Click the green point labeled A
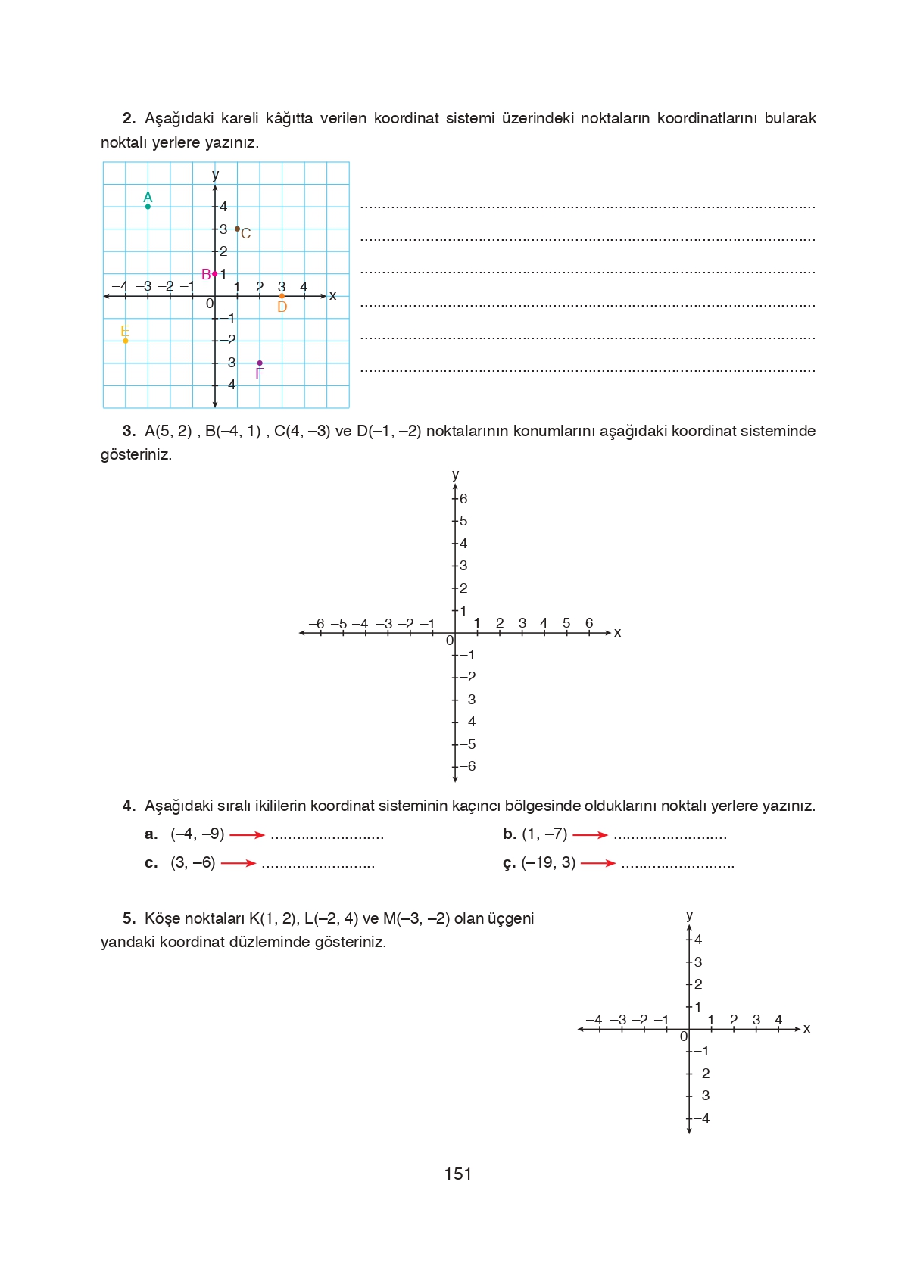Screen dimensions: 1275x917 click(x=148, y=206)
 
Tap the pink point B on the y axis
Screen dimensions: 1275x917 click(x=215, y=273)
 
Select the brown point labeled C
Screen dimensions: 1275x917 click(x=237, y=229)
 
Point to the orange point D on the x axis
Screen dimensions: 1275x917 click(x=282, y=296)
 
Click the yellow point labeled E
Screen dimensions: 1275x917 click(x=126, y=341)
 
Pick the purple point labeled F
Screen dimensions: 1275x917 click(x=260, y=363)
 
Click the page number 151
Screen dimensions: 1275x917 click(x=457, y=1174)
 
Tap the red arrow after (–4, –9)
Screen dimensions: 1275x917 click(x=247, y=835)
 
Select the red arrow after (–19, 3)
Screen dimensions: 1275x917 click(x=598, y=863)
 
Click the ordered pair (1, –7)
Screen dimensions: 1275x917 click(x=544, y=834)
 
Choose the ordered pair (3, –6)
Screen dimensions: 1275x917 click(x=193, y=862)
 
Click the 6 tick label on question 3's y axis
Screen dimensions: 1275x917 click(x=463, y=498)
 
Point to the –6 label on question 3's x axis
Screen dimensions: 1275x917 click(x=317, y=623)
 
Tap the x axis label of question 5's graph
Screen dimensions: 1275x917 click(x=806, y=1028)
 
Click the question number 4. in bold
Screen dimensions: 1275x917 click(x=129, y=806)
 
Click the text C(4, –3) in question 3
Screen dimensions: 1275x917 click(x=302, y=431)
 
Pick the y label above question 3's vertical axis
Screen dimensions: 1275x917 click(x=455, y=474)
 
